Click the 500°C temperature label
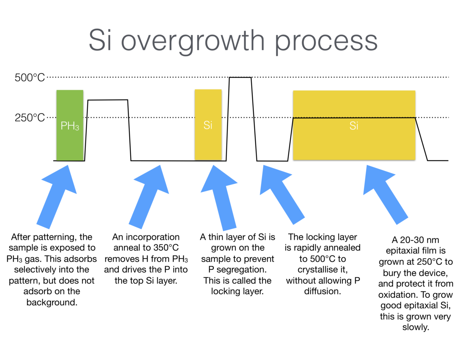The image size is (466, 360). pyautogui.click(x=30, y=77)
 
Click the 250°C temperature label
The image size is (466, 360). pyautogui.click(x=30, y=118)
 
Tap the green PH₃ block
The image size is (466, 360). pyautogui.click(x=70, y=125)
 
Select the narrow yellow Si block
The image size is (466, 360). pyautogui.click(x=208, y=125)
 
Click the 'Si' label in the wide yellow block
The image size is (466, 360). pyautogui.click(x=354, y=126)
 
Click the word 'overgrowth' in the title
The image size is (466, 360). pyautogui.click(x=193, y=41)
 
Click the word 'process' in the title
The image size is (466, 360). pyautogui.click(x=326, y=43)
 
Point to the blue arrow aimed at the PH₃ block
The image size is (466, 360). pyautogui.click(x=57, y=197)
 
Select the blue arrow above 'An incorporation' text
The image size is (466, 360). pyautogui.click(x=149, y=197)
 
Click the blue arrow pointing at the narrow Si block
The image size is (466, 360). pyautogui.click(x=219, y=198)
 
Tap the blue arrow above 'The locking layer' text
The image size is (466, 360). pyautogui.click(x=282, y=195)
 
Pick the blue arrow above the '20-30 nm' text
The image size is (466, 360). pyautogui.click(x=386, y=195)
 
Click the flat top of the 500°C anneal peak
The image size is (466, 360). pyautogui.click(x=240, y=77)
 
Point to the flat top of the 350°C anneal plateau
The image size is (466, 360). pyautogui.click(x=108, y=100)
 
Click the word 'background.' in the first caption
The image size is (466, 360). pyautogui.click(x=52, y=302)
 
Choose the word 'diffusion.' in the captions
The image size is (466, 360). pyautogui.click(x=323, y=291)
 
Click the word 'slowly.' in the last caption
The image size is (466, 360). pyautogui.click(x=416, y=327)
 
